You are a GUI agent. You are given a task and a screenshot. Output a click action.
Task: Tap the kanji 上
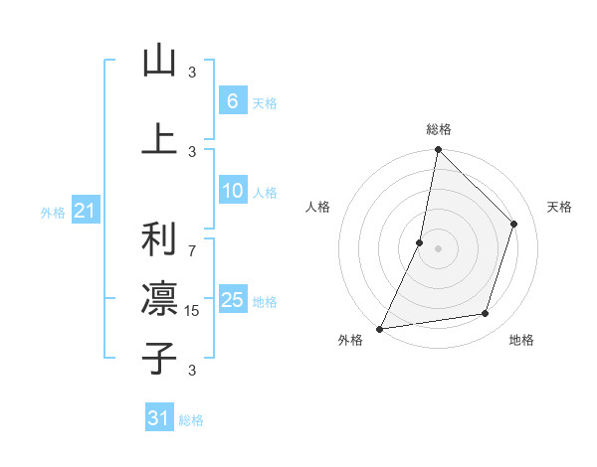158,139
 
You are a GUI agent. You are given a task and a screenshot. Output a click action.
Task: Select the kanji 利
158,239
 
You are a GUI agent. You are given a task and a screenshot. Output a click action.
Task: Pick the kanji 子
158,359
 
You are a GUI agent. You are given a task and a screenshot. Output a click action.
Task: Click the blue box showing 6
232,101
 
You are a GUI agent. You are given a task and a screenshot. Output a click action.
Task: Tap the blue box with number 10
232,192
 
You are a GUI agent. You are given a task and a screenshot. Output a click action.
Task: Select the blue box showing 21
85,212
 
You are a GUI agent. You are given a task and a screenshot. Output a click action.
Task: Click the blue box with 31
159,418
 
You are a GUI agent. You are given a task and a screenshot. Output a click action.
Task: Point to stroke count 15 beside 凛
192,311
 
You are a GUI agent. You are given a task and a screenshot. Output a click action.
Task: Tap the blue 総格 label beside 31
191,420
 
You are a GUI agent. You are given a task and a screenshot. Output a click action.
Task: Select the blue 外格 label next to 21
53,213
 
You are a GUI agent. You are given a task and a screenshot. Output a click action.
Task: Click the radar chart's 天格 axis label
559,207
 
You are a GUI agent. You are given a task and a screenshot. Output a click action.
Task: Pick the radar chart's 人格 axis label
317,207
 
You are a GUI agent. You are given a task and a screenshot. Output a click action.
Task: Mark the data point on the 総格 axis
438,149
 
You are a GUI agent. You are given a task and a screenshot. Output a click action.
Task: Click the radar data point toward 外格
379,328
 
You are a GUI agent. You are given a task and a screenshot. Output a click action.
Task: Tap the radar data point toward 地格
486,314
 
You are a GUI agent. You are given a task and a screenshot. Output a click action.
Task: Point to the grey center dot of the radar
438,248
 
